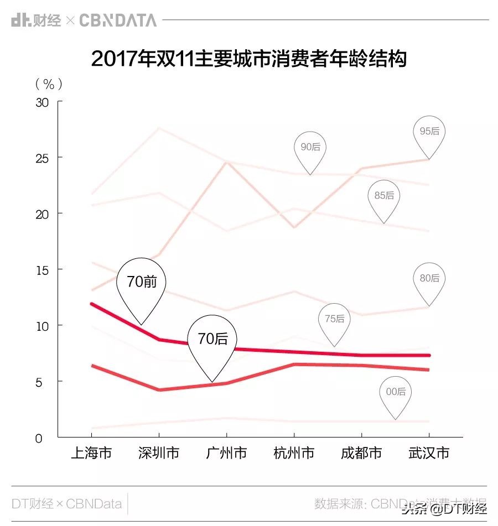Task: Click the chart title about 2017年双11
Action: (x=248, y=59)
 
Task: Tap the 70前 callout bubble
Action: (x=142, y=282)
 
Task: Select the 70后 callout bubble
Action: (x=212, y=339)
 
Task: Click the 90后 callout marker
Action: (x=310, y=148)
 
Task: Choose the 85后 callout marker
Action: (x=384, y=196)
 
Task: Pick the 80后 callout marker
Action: (x=429, y=278)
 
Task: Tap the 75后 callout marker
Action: (x=334, y=319)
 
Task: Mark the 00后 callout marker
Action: (x=396, y=392)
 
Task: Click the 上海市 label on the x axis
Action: (x=91, y=454)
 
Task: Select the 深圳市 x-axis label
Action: (x=159, y=454)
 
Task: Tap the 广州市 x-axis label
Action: (x=226, y=454)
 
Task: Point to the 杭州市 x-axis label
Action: (x=294, y=454)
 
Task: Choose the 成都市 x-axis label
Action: (x=361, y=454)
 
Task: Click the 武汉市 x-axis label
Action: (x=429, y=454)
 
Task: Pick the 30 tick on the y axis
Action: (x=42, y=102)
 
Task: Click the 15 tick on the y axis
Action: (x=42, y=270)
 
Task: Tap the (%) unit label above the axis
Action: (x=49, y=84)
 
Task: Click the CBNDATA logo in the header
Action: (x=118, y=20)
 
